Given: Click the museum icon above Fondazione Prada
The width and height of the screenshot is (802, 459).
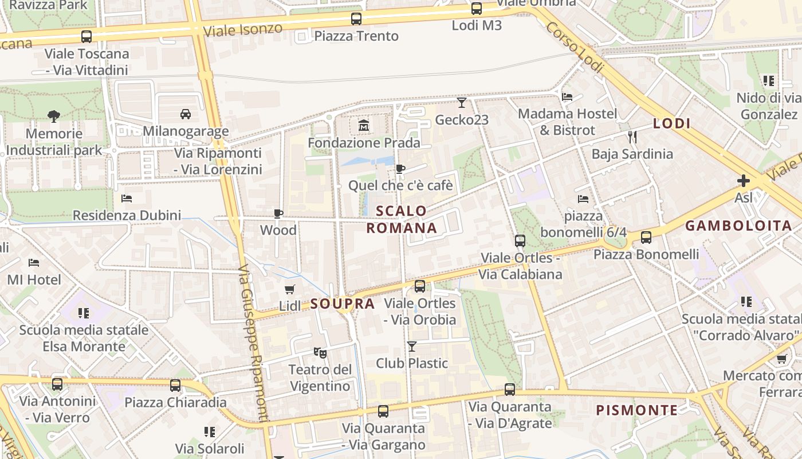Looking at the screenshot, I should tap(363, 125).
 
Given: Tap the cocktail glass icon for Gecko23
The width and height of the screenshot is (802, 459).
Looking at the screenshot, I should tap(462, 103).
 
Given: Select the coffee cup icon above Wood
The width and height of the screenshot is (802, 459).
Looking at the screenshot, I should tap(278, 213).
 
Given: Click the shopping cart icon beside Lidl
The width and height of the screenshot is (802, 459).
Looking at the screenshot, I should tap(290, 290).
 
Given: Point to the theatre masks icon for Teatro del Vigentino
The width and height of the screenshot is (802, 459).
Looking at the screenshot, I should tap(320, 352).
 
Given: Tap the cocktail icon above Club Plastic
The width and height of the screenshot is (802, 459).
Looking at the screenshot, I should tap(411, 346).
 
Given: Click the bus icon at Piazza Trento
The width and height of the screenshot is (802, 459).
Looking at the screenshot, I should tap(356, 19).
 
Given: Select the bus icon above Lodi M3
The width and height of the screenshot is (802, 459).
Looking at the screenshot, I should tap(477, 9).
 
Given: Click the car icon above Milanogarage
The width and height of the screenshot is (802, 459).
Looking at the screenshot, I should tap(186, 114).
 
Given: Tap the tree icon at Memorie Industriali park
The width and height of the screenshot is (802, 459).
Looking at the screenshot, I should tap(54, 116).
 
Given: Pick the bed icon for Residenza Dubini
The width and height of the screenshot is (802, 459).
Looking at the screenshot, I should tap(127, 199).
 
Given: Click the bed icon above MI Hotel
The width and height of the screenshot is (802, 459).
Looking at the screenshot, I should tap(34, 263).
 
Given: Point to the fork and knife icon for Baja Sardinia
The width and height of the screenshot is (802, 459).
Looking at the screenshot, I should tap(632, 137).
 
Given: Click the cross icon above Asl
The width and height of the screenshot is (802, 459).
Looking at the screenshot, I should tap(744, 181).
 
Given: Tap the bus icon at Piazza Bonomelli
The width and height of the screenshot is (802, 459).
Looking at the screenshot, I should tap(646, 237).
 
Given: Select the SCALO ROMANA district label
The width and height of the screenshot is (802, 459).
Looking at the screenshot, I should tap(402, 219).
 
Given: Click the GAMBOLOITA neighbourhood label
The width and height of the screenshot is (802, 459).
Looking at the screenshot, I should tap(739, 225).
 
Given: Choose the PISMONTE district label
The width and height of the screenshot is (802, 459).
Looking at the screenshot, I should tap(637, 410).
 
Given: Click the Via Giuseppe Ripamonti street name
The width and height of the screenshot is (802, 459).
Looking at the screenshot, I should tap(253, 344).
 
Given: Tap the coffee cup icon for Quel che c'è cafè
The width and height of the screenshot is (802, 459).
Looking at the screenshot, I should tap(400, 169).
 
